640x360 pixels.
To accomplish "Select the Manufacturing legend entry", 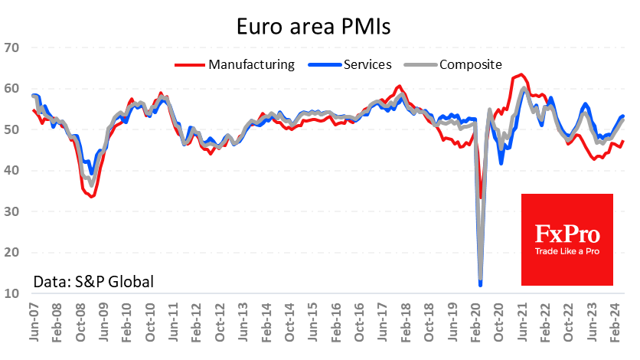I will coord(251,64).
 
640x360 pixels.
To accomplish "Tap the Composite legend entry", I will coord(470,64).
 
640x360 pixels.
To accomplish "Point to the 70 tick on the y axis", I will coord(11,47).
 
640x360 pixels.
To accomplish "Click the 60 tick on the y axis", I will coord(11,89).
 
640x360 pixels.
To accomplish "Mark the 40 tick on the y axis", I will coord(11,170).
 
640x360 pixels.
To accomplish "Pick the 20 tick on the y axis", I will coord(11,252).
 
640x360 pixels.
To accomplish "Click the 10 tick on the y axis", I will coord(11,293).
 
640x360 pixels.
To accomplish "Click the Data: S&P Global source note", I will coord(93,281).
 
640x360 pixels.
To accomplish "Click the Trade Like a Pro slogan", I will coord(567,252).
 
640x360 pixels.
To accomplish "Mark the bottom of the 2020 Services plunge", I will coord(480,285).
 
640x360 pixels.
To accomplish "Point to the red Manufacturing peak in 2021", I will coord(521,74).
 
